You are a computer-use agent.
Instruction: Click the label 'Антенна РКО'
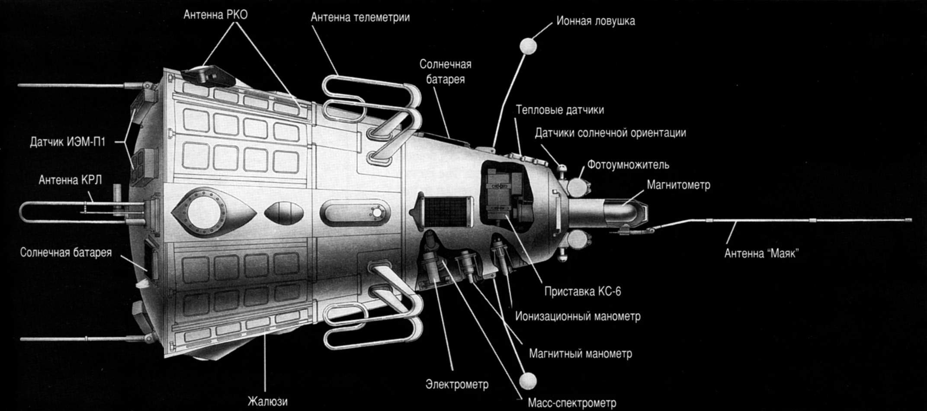click(x=215, y=15)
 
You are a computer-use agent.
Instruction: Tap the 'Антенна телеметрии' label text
click(x=360, y=18)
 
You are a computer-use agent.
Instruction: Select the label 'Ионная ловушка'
click(x=595, y=21)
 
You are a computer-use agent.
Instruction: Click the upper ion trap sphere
click(x=528, y=46)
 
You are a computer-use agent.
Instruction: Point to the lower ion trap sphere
click(x=528, y=381)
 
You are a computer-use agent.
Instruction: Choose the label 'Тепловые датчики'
click(x=559, y=110)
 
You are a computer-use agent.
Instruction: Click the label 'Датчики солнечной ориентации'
click(x=610, y=133)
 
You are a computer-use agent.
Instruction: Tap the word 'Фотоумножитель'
click(x=628, y=165)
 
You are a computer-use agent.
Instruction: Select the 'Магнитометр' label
click(x=678, y=185)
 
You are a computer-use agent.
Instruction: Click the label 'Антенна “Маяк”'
click(x=761, y=253)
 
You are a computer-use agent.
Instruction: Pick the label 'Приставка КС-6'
click(x=582, y=292)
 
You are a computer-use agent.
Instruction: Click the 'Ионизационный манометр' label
click(x=577, y=316)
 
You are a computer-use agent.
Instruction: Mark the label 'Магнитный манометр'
click(x=580, y=354)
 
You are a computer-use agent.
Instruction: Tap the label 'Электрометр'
click(x=457, y=384)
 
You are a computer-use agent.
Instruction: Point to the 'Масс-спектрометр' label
click(x=571, y=403)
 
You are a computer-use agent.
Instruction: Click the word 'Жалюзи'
click(x=267, y=401)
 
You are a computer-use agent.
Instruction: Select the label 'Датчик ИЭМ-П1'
click(x=67, y=142)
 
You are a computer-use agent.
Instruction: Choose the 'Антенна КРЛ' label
click(x=70, y=180)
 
